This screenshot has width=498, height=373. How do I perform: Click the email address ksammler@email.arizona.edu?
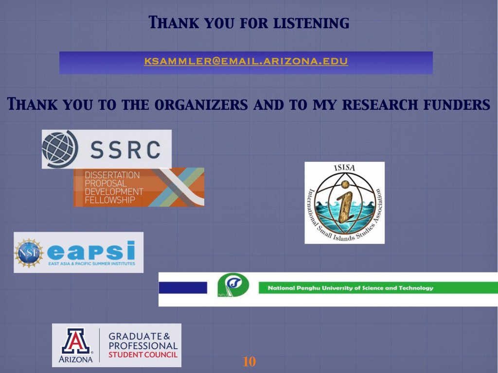click(246, 61)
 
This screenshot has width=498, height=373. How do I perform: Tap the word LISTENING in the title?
click(311, 23)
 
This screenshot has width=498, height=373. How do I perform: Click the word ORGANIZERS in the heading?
click(201, 104)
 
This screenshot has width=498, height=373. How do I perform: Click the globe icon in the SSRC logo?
click(60, 149)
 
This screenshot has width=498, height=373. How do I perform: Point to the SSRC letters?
click(125, 150)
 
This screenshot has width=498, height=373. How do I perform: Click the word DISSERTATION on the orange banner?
click(112, 175)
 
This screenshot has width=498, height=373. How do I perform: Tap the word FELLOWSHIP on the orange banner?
click(110, 200)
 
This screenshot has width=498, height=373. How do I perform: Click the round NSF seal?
click(29, 253)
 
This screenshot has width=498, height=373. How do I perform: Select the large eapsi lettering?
click(91, 251)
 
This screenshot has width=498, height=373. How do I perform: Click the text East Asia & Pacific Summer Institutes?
click(91, 264)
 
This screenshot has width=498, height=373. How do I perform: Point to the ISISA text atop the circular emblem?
click(345, 168)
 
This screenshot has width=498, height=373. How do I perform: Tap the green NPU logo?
click(233, 285)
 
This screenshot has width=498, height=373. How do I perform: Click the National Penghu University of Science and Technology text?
click(350, 288)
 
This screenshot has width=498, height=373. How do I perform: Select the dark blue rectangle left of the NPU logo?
click(183, 288)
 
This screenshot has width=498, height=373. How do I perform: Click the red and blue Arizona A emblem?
click(75, 341)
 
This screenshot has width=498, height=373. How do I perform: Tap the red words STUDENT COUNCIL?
click(143, 355)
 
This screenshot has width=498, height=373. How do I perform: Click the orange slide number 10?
click(249, 361)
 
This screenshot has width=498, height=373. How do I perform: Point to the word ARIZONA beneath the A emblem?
click(75, 359)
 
